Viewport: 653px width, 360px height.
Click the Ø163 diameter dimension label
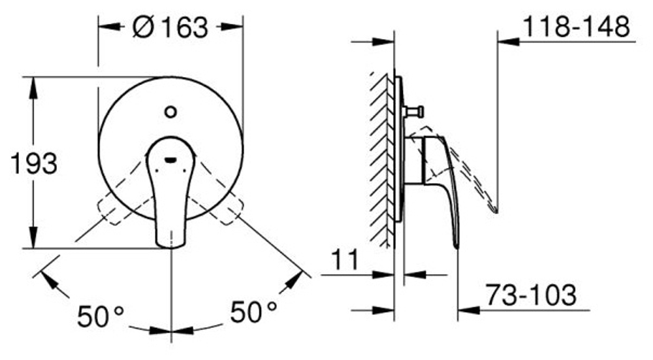tap(170, 27)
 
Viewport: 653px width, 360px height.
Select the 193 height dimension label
tap(34, 163)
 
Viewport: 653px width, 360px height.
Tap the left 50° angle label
tap(101, 316)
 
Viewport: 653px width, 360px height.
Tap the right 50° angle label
tap(253, 312)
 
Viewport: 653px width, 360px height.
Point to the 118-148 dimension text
tap(577, 26)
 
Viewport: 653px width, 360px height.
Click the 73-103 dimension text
tap(532, 295)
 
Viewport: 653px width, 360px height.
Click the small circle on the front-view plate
tap(170, 112)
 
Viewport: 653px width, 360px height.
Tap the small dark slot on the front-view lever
tap(170, 159)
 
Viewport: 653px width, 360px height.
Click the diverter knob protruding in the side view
tap(413, 112)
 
